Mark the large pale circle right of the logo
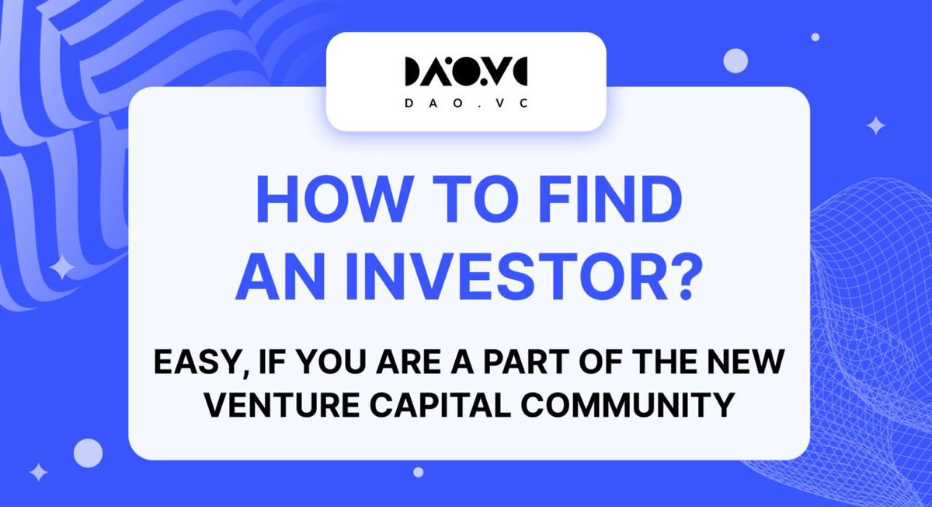[x=735, y=60]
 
